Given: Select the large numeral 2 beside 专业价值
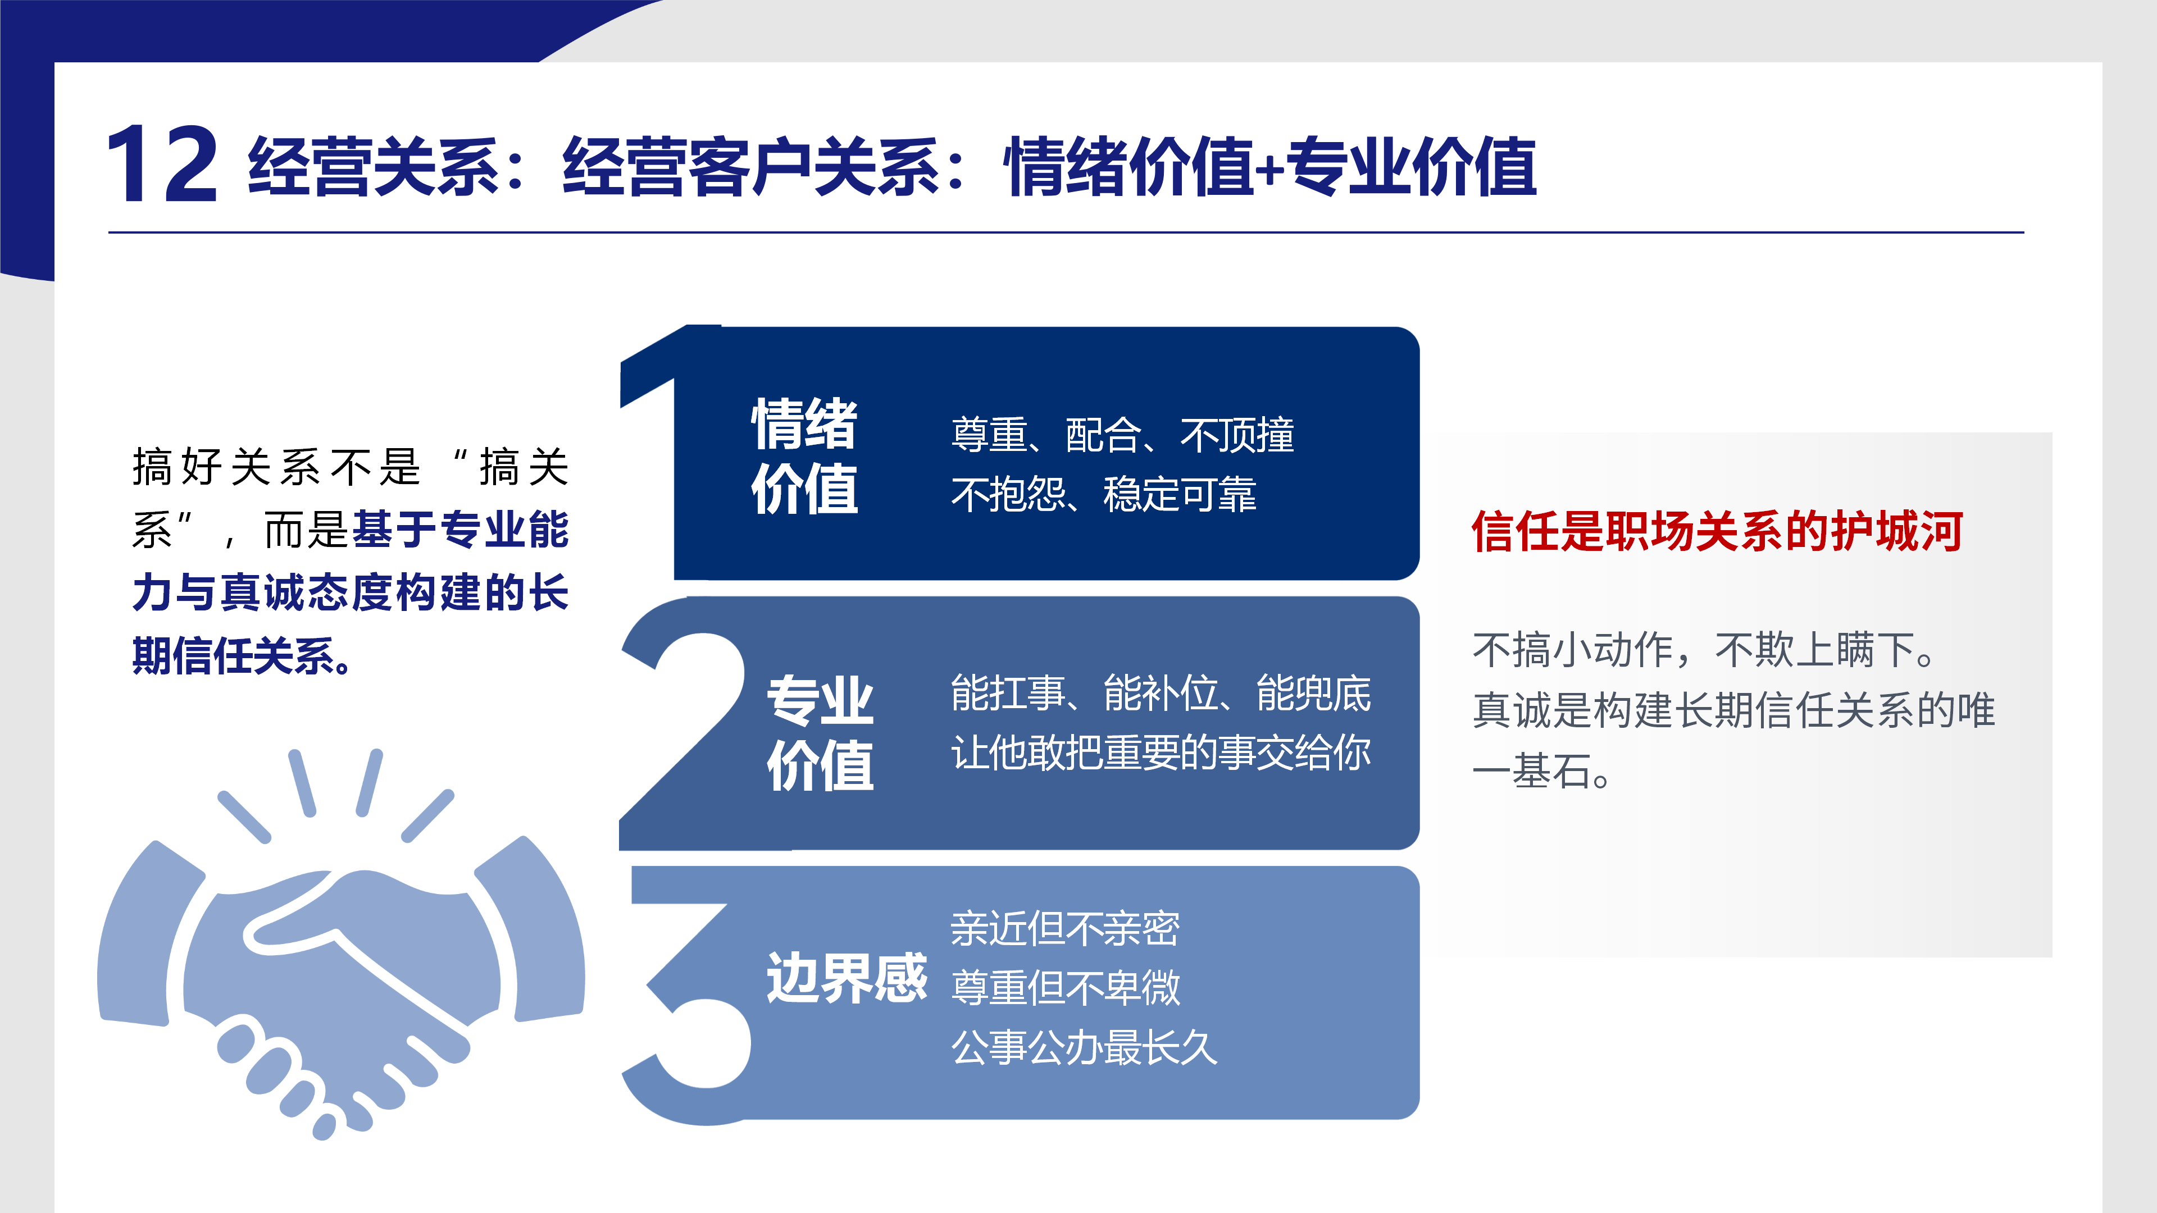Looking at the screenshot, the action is tap(682, 724).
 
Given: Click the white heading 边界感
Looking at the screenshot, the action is tap(847, 977).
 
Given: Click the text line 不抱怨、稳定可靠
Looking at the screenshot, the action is tap(1104, 494).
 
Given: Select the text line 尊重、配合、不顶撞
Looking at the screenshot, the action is tap(1123, 435).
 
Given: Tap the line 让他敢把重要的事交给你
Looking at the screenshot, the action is tap(1161, 752).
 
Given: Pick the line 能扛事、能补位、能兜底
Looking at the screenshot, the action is tap(1161, 693).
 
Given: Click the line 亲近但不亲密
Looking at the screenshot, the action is tap(1065, 928).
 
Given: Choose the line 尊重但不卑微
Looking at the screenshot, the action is tap(1065, 988).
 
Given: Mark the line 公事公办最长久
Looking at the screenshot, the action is tap(1084, 1047).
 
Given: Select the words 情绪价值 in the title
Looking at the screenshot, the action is tap(1128, 167).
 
